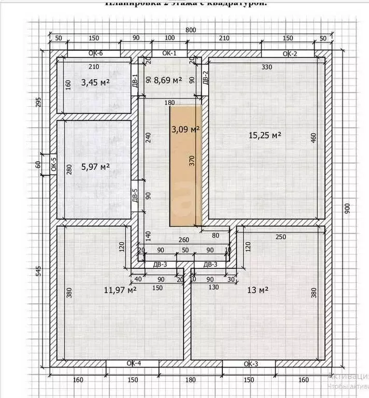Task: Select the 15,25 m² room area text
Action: click(265, 135)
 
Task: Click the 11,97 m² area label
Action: click(120, 290)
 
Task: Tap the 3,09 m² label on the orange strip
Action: click(186, 130)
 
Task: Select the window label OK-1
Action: click(169, 53)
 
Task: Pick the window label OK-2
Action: click(289, 53)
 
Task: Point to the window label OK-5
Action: click(53, 165)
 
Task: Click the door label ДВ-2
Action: click(205, 77)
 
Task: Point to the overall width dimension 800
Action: click(191, 31)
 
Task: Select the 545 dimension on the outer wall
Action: click(37, 271)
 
